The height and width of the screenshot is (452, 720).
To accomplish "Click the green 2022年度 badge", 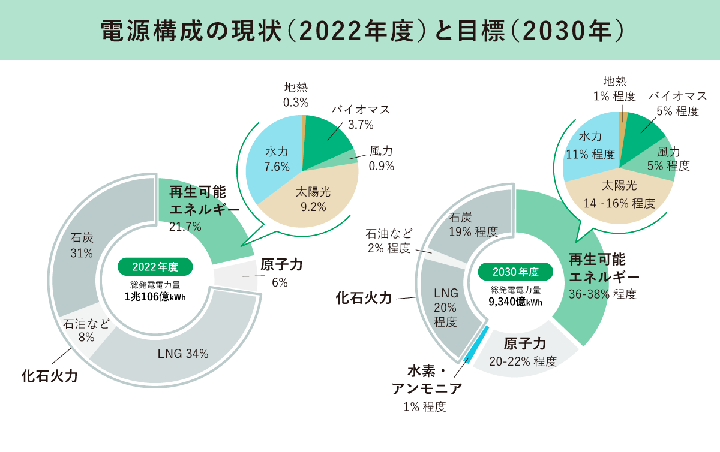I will [155, 267].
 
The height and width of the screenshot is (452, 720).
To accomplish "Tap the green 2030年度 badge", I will [515, 272].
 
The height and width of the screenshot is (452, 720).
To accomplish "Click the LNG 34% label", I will [183, 354].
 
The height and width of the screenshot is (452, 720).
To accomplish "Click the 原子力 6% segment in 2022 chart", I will [235, 277].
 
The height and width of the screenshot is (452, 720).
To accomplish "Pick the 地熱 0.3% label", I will [296, 94].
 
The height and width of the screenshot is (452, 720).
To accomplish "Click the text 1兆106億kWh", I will [155, 297].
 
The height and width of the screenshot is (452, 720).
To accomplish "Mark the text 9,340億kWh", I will [515, 302].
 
